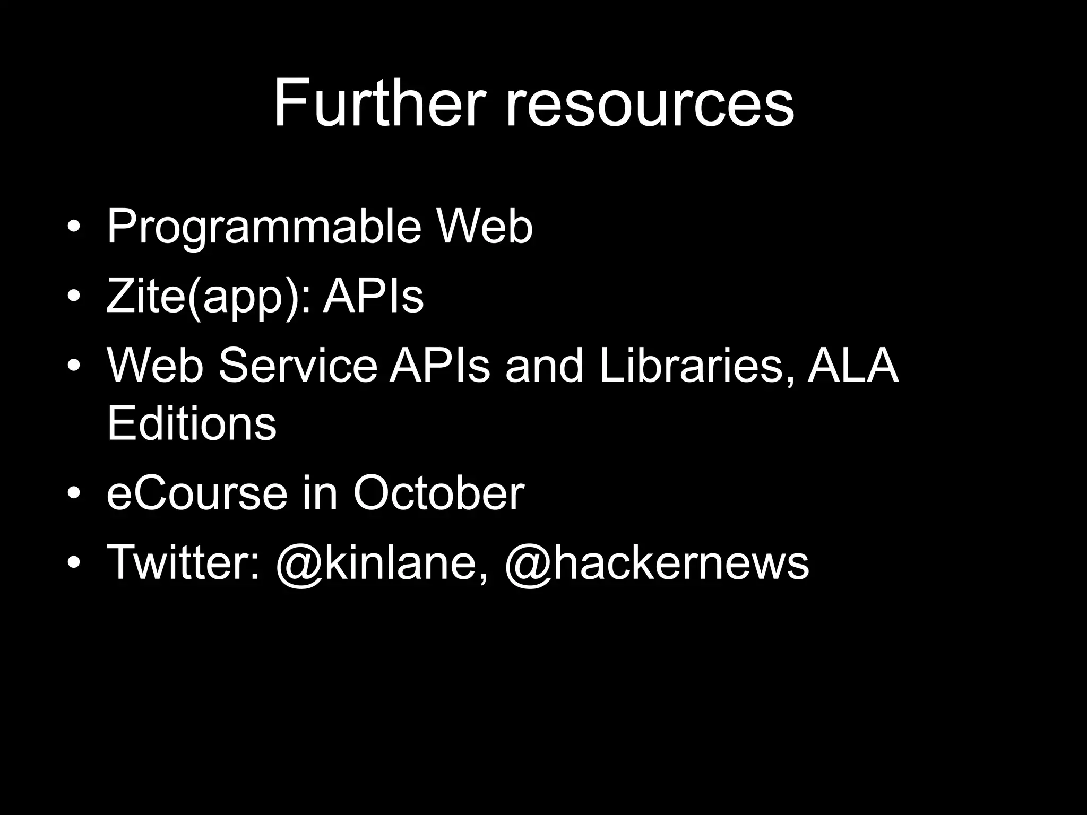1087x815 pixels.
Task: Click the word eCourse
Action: (196, 493)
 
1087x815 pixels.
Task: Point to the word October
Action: (438, 493)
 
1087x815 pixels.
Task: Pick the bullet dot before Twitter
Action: (74, 563)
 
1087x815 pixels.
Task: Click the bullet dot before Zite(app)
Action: (74, 298)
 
